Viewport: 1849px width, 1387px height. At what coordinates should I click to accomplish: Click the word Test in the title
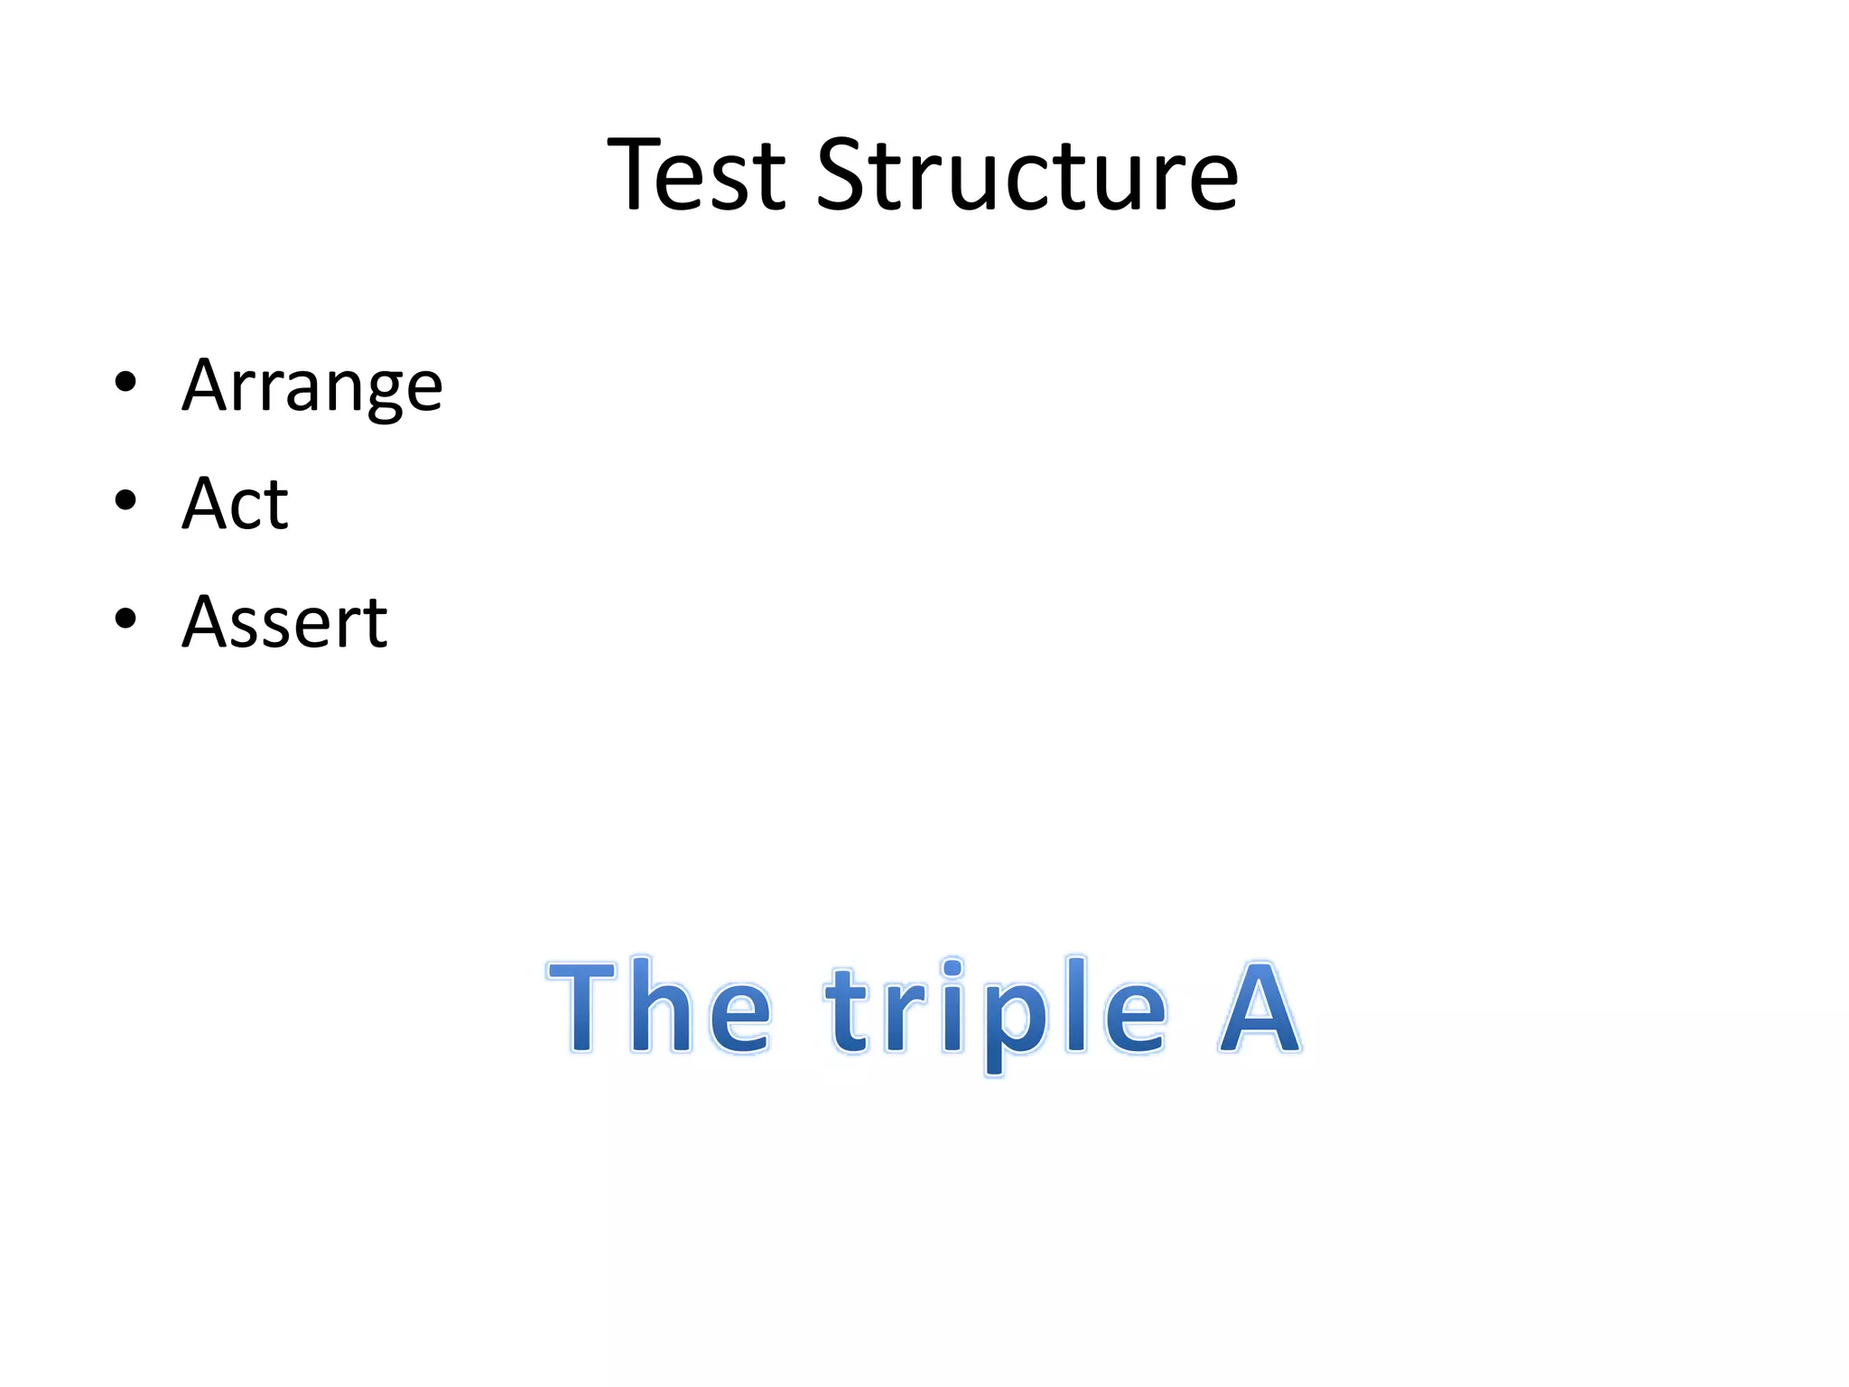(696, 175)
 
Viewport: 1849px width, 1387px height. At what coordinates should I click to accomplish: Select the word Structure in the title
(1027, 175)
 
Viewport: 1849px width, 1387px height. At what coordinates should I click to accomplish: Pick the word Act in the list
(235, 504)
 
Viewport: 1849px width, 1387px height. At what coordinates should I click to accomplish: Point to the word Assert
(284, 622)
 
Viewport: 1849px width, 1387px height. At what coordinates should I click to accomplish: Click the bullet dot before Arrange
(125, 382)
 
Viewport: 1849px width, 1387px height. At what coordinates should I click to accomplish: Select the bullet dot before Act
(125, 500)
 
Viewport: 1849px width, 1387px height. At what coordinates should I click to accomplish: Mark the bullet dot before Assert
(125, 619)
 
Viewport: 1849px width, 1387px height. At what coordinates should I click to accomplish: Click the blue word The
(660, 1007)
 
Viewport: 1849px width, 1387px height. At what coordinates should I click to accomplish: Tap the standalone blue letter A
(1259, 1007)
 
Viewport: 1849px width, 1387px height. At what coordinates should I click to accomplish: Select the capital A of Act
(205, 504)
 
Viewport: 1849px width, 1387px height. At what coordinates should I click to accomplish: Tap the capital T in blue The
(582, 1007)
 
